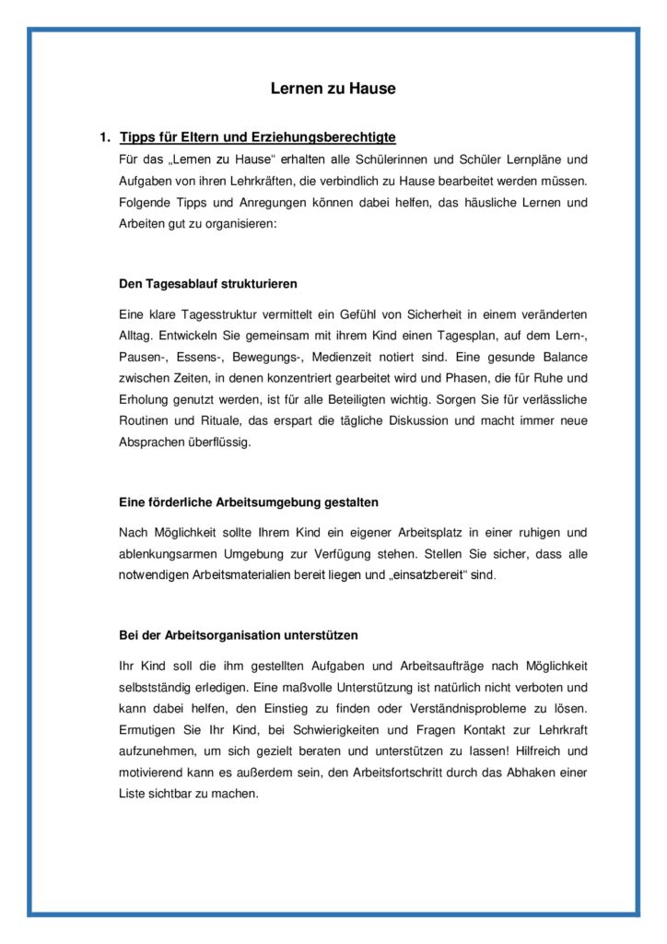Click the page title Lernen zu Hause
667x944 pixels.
(x=333, y=89)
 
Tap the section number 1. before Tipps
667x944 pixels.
(x=105, y=137)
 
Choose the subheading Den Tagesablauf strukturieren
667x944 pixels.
(x=208, y=283)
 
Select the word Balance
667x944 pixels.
(x=565, y=357)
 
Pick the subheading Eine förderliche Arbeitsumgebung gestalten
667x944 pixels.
(x=249, y=502)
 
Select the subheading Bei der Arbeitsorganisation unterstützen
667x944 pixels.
(x=239, y=636)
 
